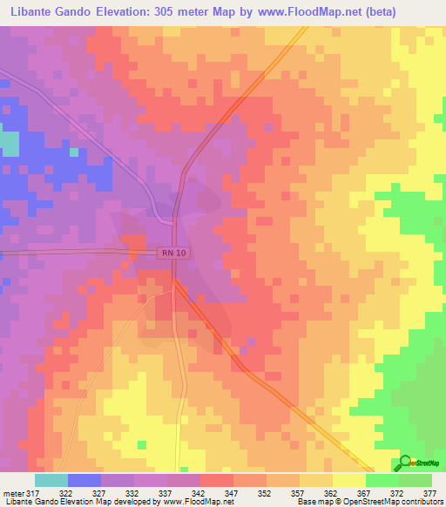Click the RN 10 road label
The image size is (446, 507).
(x=172, y=253)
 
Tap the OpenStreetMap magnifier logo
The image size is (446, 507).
(x=405, y=462)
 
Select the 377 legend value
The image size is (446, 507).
(x=430, y=492)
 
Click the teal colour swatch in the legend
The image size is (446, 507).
(x=51, y=480)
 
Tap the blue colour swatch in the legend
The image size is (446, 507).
(x=84, y=480)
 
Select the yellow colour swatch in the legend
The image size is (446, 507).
(x=348, y=480)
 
